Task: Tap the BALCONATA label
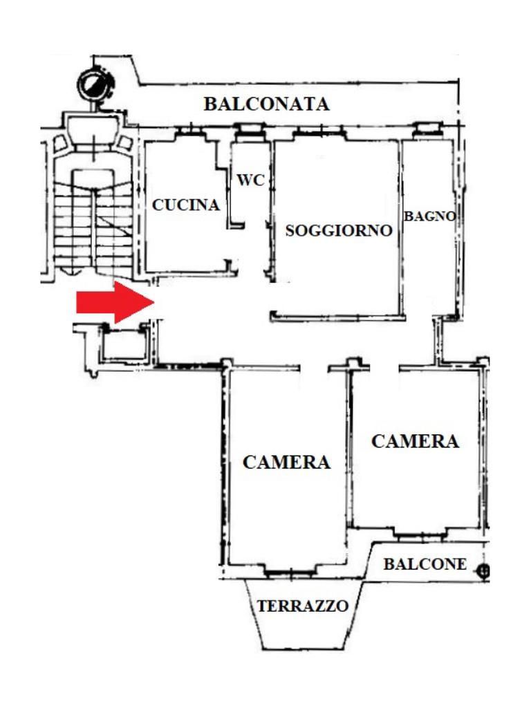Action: (x=266, y=104)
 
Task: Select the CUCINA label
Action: (x=186, y=205)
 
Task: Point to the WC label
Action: (x=250, y=180)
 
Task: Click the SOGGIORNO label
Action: (x=339, y=231)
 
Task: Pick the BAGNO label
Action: (x=429, y=216)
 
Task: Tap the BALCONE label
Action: (x=425, y=564)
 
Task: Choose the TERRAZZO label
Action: (x=303, y=606)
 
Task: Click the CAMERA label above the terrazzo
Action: (x=286, y=462)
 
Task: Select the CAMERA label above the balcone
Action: (x=415, y=441)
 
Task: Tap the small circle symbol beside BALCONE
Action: (x=483, y=570)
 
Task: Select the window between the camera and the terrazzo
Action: (x=289, y=572)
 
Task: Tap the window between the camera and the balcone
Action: (x=420, y=533)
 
